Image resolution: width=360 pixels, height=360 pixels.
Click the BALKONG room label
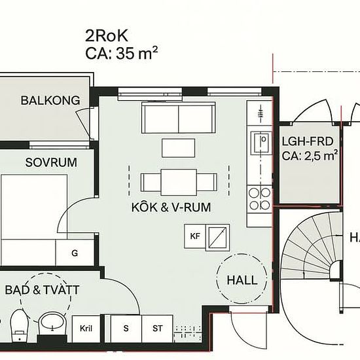[x=50, y=100]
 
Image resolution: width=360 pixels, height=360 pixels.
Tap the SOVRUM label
[x=51, y=162]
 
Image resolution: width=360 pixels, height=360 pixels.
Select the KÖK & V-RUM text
[x=171, y=207]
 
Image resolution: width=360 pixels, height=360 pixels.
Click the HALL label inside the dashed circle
[x=242, y=280]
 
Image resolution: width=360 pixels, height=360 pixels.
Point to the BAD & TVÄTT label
[x=43, y=290]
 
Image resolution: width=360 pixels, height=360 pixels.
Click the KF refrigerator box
[x=195, y=236]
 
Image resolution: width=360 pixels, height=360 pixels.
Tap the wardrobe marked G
[x=75, y=253]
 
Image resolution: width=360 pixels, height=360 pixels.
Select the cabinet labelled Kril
[x=86, y=329]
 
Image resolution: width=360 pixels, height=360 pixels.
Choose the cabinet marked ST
[x=157, y=329]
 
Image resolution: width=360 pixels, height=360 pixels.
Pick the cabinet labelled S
[x=126, y=329]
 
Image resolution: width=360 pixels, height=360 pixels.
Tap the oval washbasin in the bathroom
[x=52, y=321]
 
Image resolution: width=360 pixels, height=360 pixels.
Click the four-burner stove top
[x=260, y=199]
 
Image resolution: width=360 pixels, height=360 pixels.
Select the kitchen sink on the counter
[x=261, y=143]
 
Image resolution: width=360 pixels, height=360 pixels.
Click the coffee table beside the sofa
[x=179, y=148]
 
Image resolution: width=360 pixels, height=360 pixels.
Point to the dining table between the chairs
[x=179, y=183]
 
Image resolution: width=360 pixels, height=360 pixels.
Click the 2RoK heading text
[x=107, y=36]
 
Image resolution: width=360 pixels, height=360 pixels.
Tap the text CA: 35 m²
[x=122, y=53]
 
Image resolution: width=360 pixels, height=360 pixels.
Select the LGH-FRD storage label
[x=308, y=141]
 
